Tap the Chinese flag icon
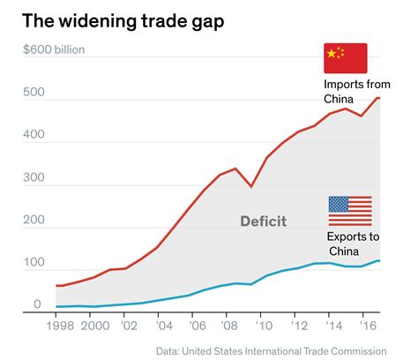(346, 58)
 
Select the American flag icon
(350, 211)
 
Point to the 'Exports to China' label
(354, 244)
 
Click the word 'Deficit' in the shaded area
(263, 221)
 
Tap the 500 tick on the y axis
(32, 99)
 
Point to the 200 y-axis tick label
(32, 221)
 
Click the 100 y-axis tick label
(32, 263)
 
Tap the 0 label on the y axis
(38, 304)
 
